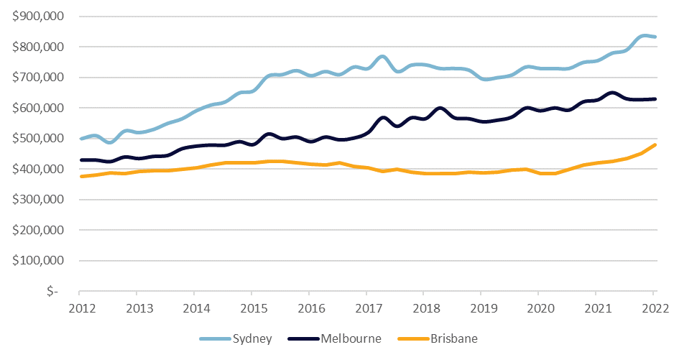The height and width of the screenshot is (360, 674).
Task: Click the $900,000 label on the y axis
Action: (38, 16)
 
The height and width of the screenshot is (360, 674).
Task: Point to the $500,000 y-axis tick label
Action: (38, 139)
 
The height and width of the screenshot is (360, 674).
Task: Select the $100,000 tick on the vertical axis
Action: (38, 261)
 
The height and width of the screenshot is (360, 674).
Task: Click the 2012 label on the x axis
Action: (80, 308)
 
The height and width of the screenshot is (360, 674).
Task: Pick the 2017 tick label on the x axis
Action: (366, 308)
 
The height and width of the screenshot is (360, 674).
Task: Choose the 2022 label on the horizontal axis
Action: (654, 308)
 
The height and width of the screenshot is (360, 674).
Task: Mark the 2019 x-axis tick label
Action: (481, 308)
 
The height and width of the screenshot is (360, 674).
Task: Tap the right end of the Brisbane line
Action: (655, 145)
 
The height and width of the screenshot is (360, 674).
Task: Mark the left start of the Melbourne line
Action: (80, 160)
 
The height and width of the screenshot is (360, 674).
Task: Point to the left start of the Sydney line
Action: (80, 139)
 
